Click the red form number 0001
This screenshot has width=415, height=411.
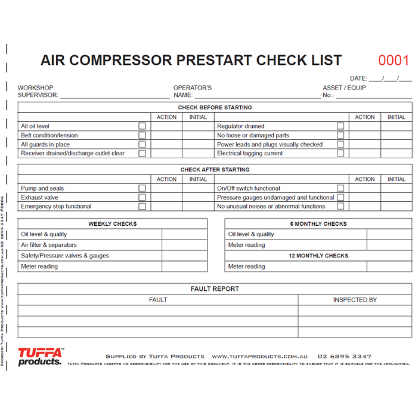(394, 60)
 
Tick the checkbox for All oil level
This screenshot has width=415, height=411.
(142, 126)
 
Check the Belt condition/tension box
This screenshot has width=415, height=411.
(142, 135)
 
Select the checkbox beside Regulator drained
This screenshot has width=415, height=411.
(340, 126)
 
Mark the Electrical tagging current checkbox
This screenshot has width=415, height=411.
(340, 153)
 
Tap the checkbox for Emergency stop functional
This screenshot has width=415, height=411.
(142, 206)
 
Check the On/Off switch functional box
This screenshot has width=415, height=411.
(340, 188)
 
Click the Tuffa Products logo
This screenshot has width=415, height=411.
(40, 357)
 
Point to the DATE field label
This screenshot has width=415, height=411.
(358, 78)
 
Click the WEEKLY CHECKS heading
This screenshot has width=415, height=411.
(113, 224)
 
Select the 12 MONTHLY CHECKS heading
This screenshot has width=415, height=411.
(318, 256)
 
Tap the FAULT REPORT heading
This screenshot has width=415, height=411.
(215, 289)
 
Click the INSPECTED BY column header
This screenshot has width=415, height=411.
(355, 300)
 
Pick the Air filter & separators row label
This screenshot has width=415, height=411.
(49, 245)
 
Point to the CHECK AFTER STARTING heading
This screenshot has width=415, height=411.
(215, 170)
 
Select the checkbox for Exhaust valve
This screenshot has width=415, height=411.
(142, 197)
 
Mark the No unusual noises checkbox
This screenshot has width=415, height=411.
(340, 206)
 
